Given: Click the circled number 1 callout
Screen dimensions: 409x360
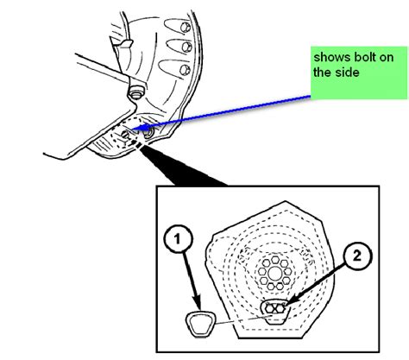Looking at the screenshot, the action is tap(178, 239).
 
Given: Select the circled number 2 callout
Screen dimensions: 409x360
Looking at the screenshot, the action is tap(357, 256).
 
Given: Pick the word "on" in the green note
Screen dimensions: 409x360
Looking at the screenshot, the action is tap(387, 58).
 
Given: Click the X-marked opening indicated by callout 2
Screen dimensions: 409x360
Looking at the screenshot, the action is tap(274, 308).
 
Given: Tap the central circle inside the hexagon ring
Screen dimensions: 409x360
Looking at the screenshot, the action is tap(274, 273).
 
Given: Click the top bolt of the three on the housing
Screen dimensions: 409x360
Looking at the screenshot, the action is tap(186, 27).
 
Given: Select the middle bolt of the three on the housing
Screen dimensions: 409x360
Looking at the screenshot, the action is tap(187, 47).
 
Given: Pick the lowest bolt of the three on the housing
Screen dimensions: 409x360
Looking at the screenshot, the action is tap(185, 70).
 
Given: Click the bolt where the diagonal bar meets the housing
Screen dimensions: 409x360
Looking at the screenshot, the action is tap(134, 93).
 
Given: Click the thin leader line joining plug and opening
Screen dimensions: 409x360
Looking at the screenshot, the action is tap(243, 319).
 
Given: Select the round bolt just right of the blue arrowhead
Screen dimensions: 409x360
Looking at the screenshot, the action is tap(149, 132).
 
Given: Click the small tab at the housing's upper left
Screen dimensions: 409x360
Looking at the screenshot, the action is tap(125, 43).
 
